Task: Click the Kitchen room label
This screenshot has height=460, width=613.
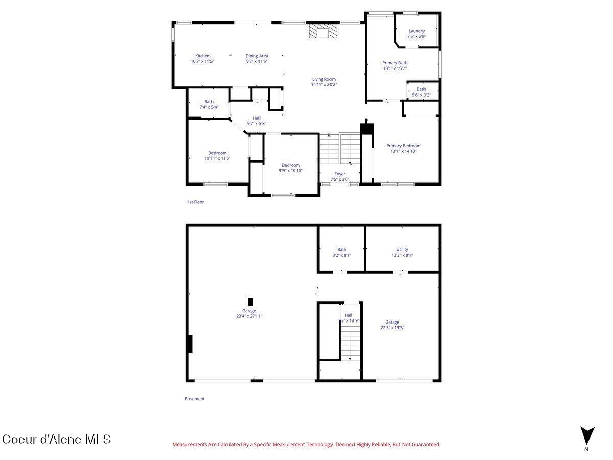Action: point(202,56)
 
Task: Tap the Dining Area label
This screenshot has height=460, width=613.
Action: point(256,56)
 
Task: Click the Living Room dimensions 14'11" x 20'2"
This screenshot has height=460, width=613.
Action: point(324,85)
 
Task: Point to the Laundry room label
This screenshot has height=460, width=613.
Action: point(416,31)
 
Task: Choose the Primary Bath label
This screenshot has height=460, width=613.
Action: point(395,63)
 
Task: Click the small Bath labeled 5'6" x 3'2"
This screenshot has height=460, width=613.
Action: point(421,92)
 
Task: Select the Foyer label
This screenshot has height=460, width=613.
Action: point(340,174)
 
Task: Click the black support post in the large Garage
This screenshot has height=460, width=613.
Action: point(250,302)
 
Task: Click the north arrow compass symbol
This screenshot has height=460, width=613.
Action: point(587,436)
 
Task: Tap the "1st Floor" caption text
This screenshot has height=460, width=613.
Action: point(195,202)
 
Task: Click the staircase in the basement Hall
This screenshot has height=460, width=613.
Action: point(350,342)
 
